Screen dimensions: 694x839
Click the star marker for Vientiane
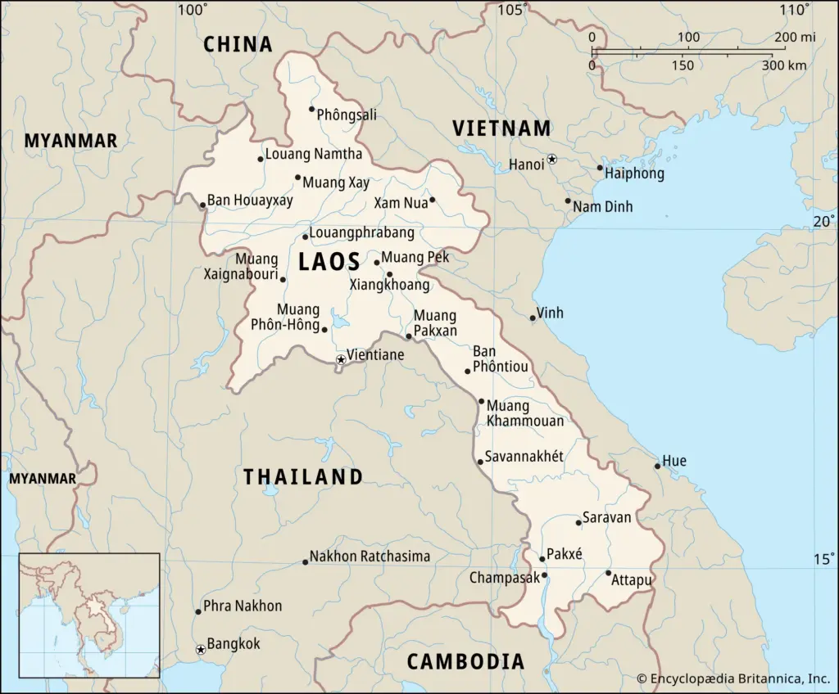pos(341,359)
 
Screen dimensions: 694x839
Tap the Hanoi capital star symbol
pos(552,159)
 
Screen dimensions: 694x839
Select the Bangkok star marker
pos(201,650)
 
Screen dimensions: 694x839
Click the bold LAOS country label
pos(329,262)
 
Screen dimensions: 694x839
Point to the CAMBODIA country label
pos(465,661)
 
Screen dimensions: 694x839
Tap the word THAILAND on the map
pos(302,477)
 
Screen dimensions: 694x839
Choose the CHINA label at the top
pos(238,44)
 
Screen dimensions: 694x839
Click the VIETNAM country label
pos(501,128)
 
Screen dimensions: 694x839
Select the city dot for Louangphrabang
pos(305,237)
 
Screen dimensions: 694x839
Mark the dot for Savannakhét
pos(480,462)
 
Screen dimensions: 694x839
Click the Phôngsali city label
pos(346,115)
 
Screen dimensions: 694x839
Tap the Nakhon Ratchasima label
pos(370,557)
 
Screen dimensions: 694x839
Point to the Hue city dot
pos(657,466)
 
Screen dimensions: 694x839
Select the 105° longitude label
pos(515,10)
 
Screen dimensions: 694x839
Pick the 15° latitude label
pos(823,559)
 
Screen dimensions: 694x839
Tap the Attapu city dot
pos(608,572)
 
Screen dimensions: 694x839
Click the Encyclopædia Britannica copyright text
pos(732,678)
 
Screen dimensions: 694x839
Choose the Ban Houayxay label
pos(250,200)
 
